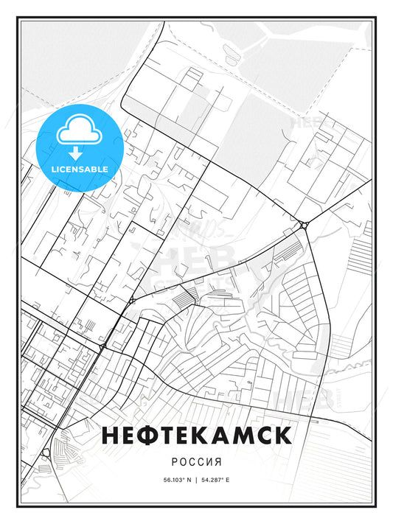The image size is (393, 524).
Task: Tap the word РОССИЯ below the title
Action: tap(197, 458)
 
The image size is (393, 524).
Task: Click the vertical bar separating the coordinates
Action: tap(197, 479)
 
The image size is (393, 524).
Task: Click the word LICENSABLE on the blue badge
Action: tap(79, 169)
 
